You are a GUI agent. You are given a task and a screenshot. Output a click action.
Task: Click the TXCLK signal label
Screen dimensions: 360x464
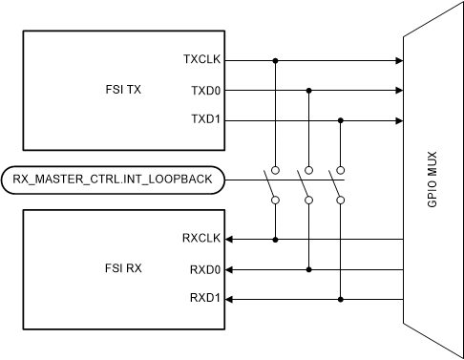pos(201,60)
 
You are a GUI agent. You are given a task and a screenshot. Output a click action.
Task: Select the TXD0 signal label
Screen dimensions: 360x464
pos(205,91)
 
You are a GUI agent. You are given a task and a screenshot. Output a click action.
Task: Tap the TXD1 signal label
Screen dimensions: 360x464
pos(205,121)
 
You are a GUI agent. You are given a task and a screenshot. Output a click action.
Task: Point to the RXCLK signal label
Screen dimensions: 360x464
pos(201,238)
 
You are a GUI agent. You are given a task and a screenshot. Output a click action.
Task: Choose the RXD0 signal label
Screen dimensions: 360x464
pos(205,268)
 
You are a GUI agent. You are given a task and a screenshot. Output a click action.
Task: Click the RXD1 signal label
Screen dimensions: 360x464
pos(205,299)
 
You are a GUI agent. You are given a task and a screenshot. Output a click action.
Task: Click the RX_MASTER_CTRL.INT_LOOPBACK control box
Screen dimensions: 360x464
pos(113,179)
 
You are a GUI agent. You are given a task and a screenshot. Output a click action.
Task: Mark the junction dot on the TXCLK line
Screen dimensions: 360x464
pos(276,60)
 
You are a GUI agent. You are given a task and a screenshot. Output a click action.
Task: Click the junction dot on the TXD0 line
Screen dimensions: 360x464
pos(308,91)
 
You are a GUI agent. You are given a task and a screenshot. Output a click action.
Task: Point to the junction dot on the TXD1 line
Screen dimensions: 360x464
pos(341,121)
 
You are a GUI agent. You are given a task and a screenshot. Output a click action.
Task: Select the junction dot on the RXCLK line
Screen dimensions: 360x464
pos(276,238)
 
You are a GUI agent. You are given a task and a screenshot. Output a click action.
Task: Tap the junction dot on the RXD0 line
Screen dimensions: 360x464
pos(308,268)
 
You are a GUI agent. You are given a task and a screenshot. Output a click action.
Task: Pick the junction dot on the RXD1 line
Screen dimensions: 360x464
pos(341,299)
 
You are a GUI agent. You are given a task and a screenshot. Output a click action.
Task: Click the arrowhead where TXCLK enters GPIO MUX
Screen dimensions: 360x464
pos(397,60)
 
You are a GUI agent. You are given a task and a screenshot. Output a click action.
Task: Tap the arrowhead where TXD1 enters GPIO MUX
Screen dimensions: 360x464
pos(397,121)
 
